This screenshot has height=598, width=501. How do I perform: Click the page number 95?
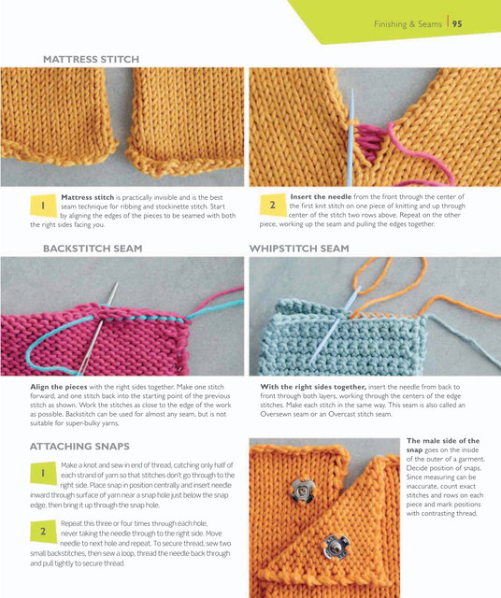457,24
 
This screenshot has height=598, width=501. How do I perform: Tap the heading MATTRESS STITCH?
91,59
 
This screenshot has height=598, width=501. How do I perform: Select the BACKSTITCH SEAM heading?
93,249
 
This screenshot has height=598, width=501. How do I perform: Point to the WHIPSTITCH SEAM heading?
299,249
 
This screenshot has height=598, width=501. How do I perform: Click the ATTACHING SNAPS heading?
79,447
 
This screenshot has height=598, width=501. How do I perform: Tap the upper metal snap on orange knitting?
302,491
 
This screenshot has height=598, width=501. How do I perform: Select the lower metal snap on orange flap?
336,548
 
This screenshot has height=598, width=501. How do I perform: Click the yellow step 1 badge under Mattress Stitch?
43,206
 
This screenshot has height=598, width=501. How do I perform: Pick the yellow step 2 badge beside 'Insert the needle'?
273,205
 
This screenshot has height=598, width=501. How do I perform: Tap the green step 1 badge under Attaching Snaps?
43,474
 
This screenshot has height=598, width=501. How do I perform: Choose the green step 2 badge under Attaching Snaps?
43,532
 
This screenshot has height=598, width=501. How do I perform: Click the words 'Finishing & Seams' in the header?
408,24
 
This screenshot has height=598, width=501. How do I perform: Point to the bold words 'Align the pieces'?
59,387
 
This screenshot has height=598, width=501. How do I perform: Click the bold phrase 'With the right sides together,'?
313,387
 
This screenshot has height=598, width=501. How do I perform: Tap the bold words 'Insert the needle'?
321,197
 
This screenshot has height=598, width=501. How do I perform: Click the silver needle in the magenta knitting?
97,329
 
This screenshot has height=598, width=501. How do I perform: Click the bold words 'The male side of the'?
443,440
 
